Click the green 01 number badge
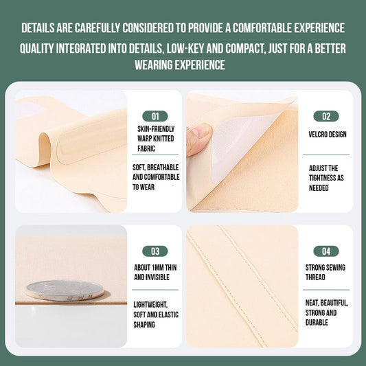pyautogui.click(x=155, y=116)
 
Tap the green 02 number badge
pyautogui.click(x=326, y=116)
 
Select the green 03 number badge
pyautogui.click(x=155, y=251)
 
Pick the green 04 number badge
pyautogui.click(x=326, y=251)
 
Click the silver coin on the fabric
pyautogui.click(x=65, y=290)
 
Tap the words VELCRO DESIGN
pyautogui.click(x=328, y=135)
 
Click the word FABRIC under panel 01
pyautogui.click(x=146, y=148)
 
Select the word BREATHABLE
pyautogui.click(x=163, y=168)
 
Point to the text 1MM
pyautogui.click(x=158, y=268)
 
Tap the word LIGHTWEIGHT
pyautogui.click(x=150, y=305)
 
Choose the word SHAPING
pyautogui.click(x=144, y=324)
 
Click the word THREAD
pyautogui.click(x=315, y=277)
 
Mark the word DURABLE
pyautogui.click(x=317, y=322)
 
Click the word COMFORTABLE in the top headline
pyautogui.click(x=262, y=27)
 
